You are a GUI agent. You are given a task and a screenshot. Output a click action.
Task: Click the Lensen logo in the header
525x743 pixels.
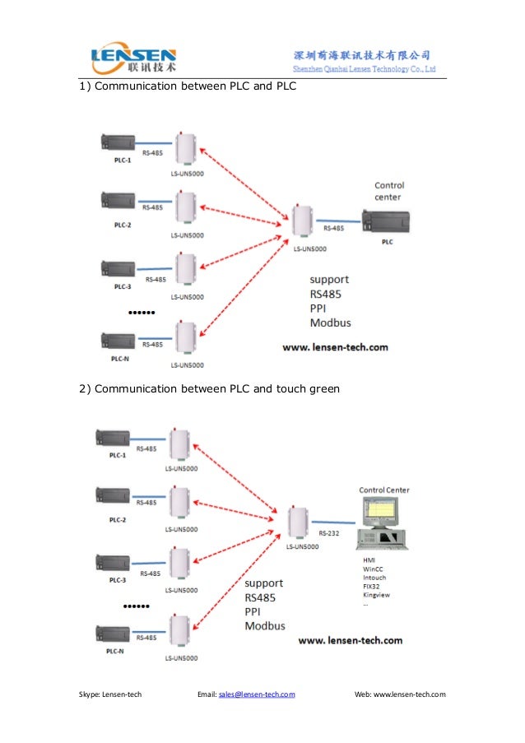(x=135, y=57)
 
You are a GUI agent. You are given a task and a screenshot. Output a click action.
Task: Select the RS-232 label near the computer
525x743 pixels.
(x=328, y=532)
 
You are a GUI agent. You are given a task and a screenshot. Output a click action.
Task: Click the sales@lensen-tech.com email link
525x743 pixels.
(x=256, y=694)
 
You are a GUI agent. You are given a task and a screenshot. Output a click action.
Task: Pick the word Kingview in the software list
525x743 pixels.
(x=376, y=593)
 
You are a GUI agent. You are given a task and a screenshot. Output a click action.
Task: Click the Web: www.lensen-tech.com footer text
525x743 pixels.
(x=399, y=694)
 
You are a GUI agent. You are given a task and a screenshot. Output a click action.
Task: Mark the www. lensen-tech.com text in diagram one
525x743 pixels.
(x=335, y=347)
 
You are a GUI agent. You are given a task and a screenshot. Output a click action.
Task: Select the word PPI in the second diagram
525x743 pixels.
(x=255, y=611)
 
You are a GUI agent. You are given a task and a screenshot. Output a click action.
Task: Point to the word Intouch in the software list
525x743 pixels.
(x=374, y=577)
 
